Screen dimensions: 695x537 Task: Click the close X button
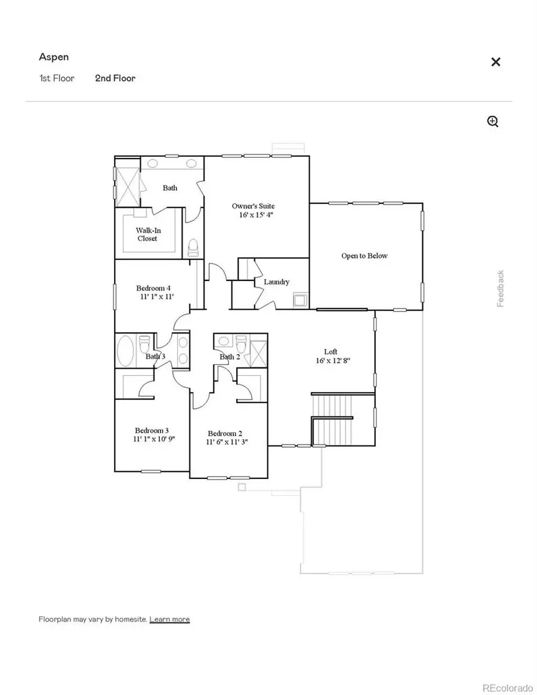[x=495, y=62]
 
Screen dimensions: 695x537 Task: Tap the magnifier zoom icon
[x=493, y=122]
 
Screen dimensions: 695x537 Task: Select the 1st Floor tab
[x=57, y=78]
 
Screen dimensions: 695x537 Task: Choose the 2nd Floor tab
[x=115, y=78]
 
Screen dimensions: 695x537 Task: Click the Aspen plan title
[x=54, y=57]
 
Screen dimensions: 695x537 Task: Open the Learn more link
[x=169, y=619]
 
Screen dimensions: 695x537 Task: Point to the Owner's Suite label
[x=254, y=206]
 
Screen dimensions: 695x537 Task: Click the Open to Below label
[x=364, y=256]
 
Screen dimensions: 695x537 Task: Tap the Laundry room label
[x=276, y=282]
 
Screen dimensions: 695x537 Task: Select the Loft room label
[x=331, y=352]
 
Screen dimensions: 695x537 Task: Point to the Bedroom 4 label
[x=154, y=288]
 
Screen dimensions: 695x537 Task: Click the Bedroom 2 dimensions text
[x=227, y=443]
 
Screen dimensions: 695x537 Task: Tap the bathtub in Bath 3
[x=125, y=349]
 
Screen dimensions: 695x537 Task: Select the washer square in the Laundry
[x=299, y=299]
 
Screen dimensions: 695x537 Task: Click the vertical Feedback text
[x=501, y=289]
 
